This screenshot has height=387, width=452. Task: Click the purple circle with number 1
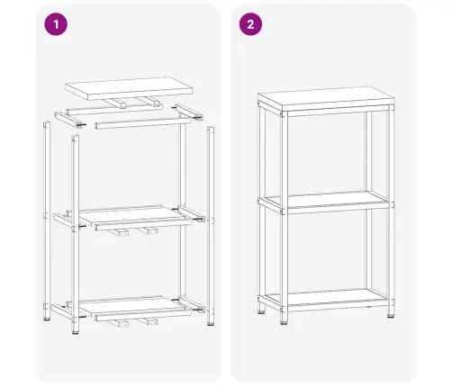(58, 24)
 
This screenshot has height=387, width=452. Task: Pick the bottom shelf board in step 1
(133, 309)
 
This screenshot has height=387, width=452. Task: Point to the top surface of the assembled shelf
(324, 98)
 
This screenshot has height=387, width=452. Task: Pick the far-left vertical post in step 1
(47, 225)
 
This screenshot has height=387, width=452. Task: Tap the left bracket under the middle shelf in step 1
(117, 233)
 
